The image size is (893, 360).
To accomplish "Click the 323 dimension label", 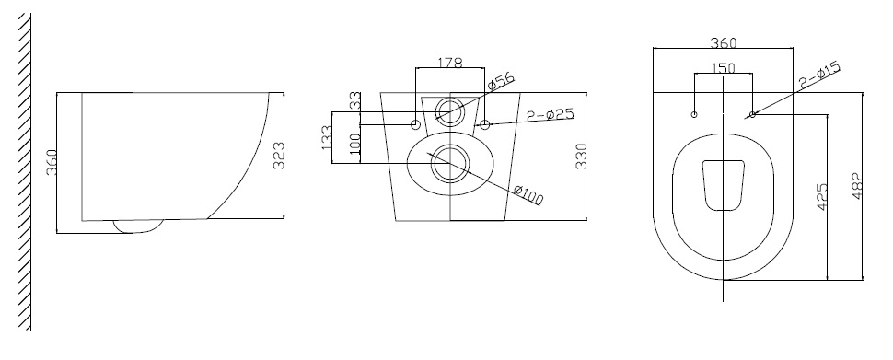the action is tap(279, 156).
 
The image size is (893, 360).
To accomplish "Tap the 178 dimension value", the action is tap(450, 63).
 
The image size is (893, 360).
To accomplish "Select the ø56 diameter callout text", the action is tap(501, 82).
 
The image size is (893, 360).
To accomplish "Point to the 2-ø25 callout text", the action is tap(551, 114).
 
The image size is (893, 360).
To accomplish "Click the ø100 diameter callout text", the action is tap(528, 195).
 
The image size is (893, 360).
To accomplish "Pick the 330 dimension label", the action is tap(581, 157).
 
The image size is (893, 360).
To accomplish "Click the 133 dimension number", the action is tap(327, 138).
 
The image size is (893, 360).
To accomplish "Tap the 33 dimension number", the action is tap(354, 101).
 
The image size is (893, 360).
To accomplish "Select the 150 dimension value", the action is tap(724, 68).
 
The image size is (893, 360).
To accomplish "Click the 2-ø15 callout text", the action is tap(819, 75).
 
